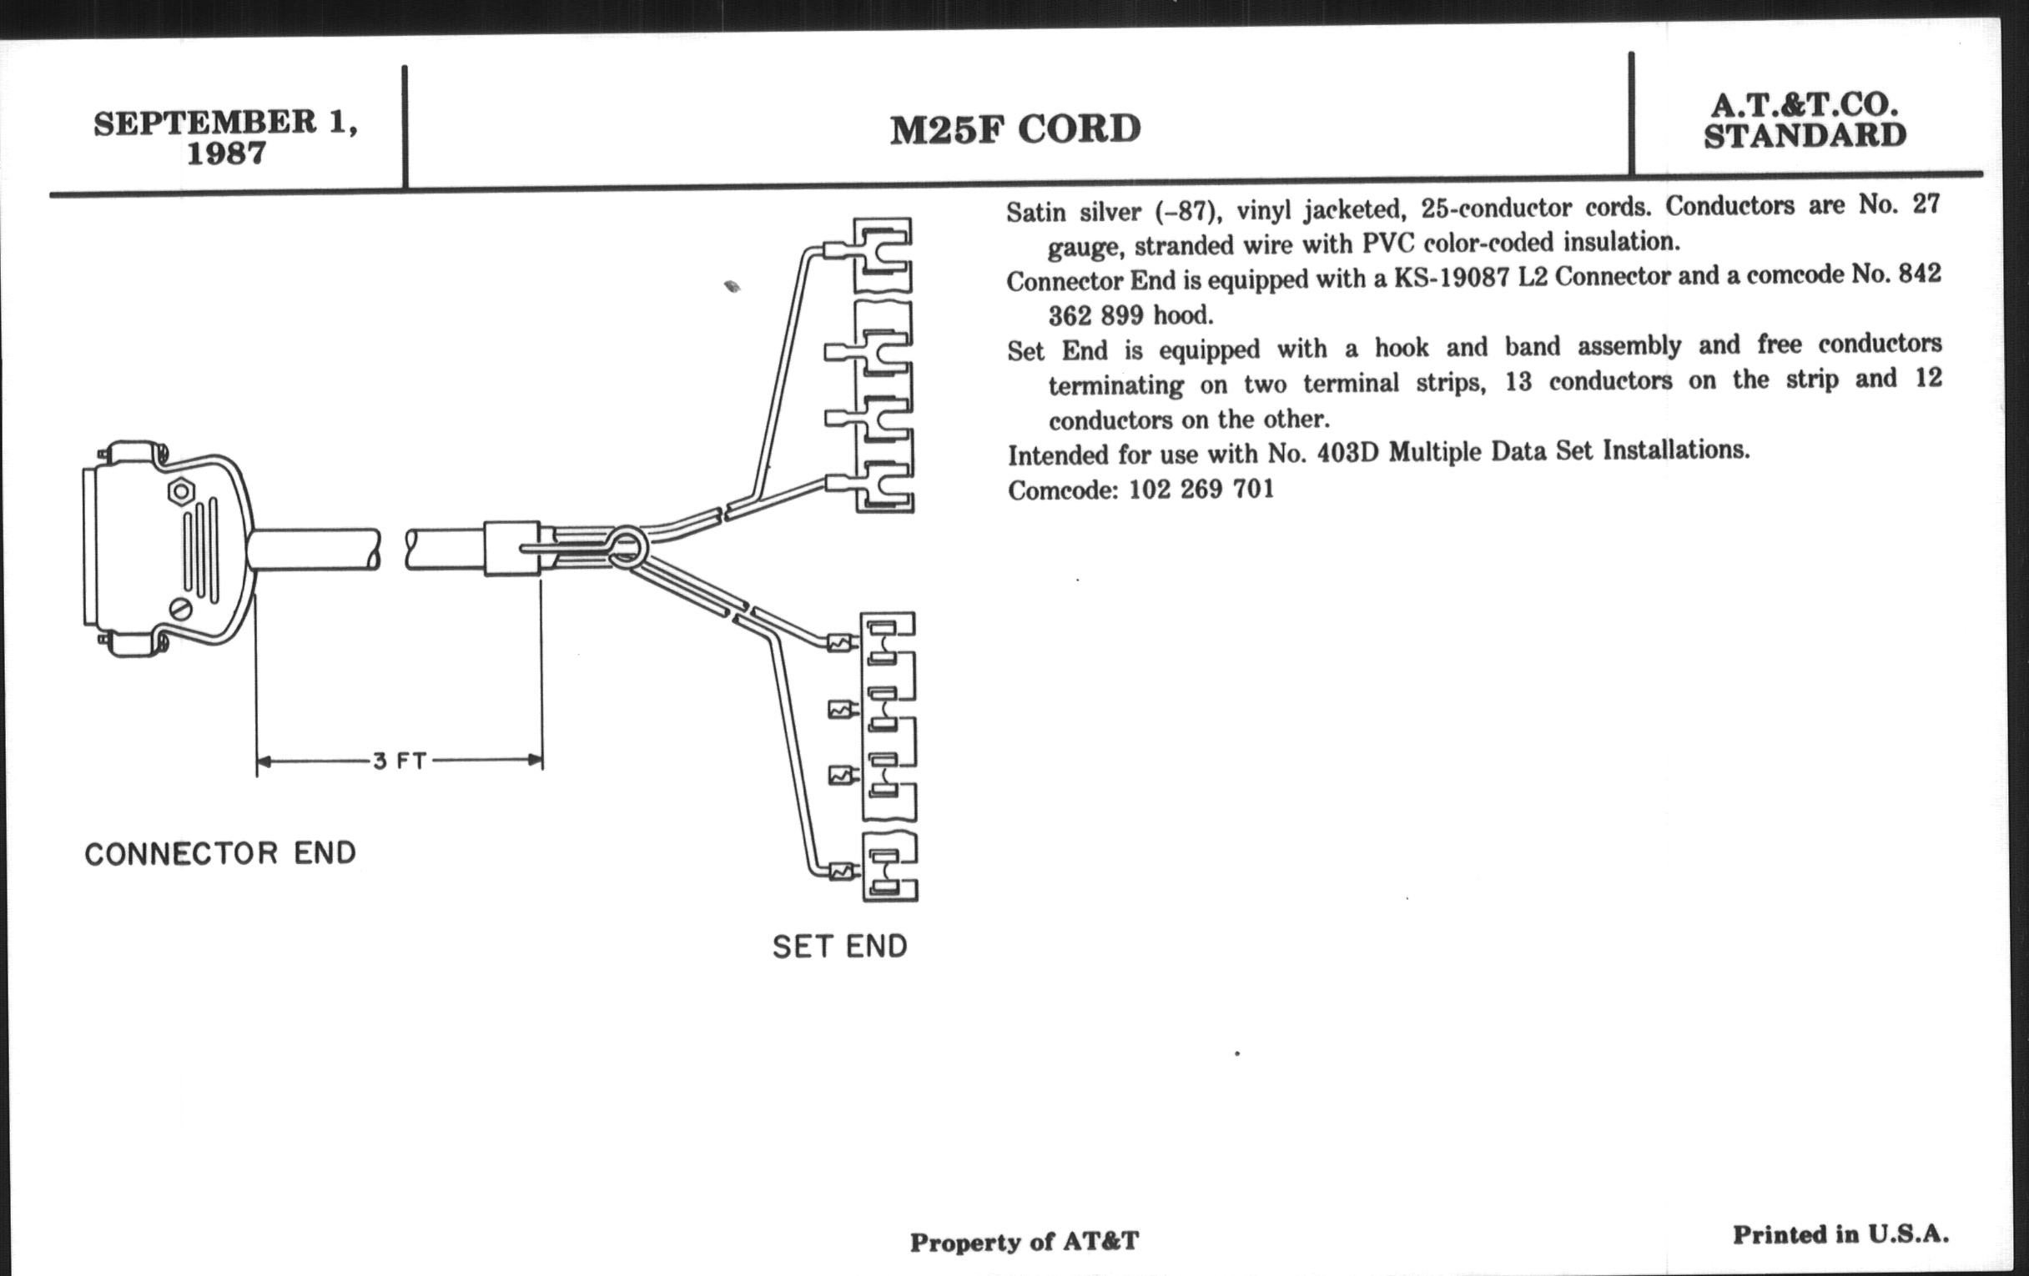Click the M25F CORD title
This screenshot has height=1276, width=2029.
click(1015, 129)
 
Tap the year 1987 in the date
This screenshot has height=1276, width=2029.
click(226, 153)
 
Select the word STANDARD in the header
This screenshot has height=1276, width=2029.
click(1805, 136)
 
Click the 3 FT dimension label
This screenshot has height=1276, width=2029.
click(400, 761)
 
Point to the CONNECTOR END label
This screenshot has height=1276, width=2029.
click(220, 853)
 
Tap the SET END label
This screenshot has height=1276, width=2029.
click(840, 947)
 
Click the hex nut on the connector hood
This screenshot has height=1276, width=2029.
click(180, 490)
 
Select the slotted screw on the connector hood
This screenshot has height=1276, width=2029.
click(181, 608)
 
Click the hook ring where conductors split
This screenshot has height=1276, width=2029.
click(627, 545)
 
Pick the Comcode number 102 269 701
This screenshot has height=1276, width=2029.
click(1201, 489)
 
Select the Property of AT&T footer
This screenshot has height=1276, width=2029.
click(1024, 1243)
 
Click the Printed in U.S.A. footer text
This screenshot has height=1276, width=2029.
click(1840, 1235)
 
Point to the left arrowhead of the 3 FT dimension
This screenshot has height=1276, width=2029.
click(264, 761)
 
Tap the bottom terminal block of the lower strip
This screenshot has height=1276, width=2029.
click(890, 867)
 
